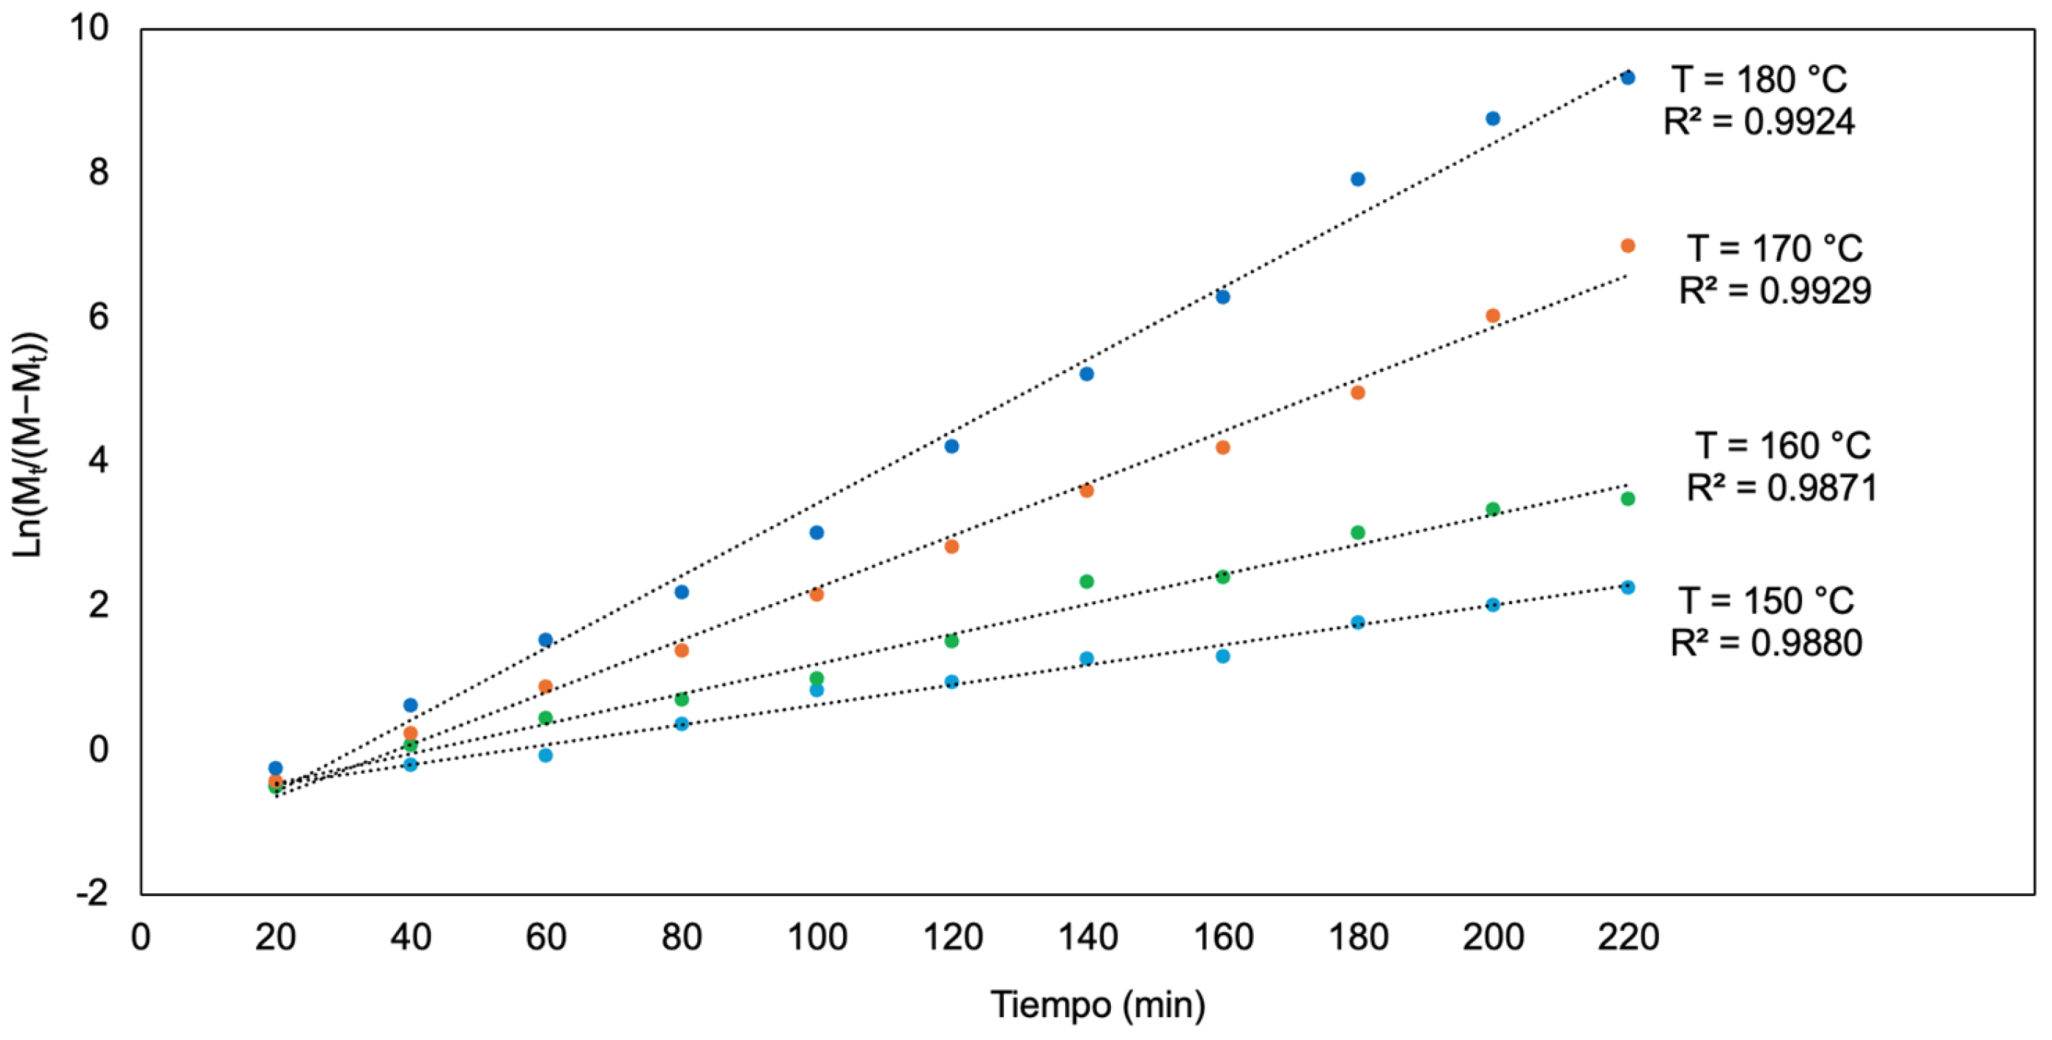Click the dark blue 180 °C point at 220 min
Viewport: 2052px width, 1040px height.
tap(1627, 78)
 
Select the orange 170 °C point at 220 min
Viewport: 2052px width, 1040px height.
tap(1627, 246)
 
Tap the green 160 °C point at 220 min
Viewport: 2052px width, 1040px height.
tap(1627, 499)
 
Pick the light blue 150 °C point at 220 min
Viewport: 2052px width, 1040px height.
tap(1627, 587)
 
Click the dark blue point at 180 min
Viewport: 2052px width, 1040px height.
tap(1357, 179)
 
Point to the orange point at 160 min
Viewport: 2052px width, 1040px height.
tap(1222, 448)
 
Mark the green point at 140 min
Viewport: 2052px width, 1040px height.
tap(1086, 581)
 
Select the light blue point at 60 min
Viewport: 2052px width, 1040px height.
tap(545, 755)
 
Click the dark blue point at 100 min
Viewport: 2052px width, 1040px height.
tap(816, 533)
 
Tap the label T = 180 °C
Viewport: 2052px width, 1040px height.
tap(1759, 80)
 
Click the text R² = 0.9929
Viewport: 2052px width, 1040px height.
tap(1775, 291)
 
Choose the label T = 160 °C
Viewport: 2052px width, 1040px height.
tap(1782, 446)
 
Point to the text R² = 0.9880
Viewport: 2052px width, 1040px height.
tap(1766, 643)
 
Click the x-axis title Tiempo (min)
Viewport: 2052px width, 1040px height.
tap(1097, 1004)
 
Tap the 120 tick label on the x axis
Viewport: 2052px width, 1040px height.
tap(952, 937)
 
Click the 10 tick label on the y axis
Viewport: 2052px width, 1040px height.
tap(89, 28)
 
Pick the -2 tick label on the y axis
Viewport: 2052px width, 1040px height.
tap(91, 893)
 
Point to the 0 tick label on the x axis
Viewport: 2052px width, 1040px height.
tap(141, 937)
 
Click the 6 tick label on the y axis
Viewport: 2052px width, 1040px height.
tap(98, 317)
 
